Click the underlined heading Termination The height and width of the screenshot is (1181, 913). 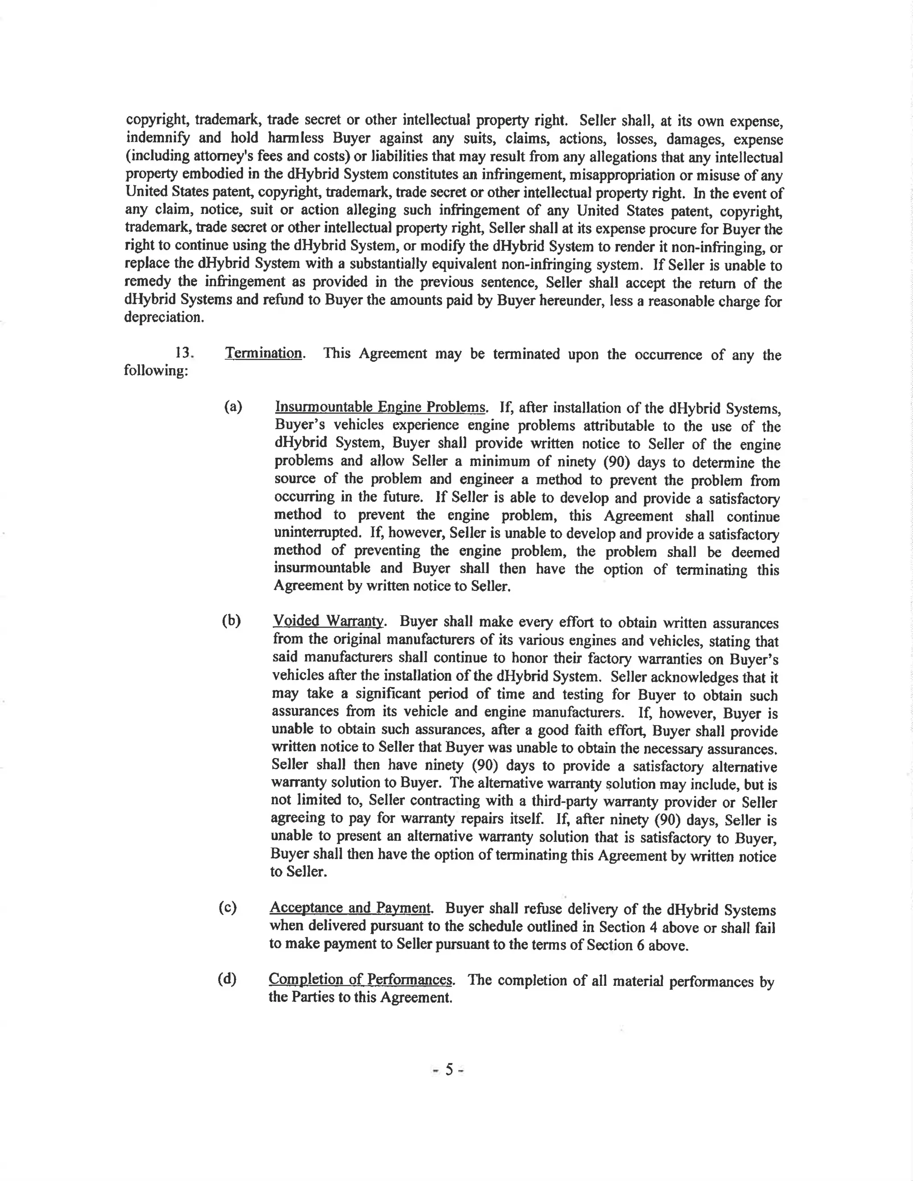264,354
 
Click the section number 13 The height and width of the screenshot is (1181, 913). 184,353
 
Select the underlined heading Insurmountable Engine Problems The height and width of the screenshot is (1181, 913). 380,407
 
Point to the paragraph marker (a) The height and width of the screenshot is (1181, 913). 233,406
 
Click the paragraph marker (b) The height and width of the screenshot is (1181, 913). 231,621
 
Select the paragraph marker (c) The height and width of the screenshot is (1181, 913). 228,908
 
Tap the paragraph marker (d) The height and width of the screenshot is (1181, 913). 227,979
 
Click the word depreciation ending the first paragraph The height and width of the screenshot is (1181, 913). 164,317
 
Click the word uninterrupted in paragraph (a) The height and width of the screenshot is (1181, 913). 317,532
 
